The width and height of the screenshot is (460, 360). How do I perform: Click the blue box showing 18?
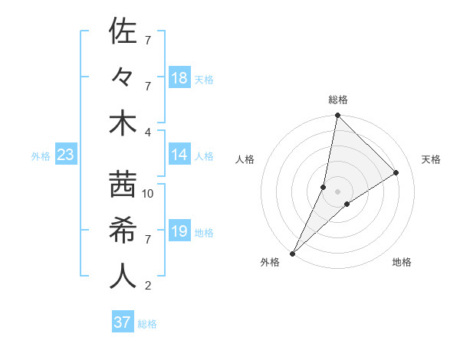(179, 78)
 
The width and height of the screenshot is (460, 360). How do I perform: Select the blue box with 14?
(179, 155)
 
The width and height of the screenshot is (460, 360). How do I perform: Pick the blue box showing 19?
(179, 231)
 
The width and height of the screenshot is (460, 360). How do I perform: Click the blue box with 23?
(65, 155)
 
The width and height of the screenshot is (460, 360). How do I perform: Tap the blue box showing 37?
(122, 322)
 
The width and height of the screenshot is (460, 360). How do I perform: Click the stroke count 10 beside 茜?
(148, 194)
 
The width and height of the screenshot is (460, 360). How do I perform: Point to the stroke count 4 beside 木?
(148, 133)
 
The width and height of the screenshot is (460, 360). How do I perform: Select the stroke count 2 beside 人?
(148, 286)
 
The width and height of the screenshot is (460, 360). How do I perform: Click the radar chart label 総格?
(337, 100)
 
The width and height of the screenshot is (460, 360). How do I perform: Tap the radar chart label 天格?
(432, 159)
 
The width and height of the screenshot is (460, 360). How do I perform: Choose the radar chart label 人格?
(245, 159)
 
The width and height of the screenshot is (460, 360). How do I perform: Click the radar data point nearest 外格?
(292, 253)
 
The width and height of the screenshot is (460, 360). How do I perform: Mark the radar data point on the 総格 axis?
(337, 116)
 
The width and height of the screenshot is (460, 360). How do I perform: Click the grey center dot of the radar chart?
(337, 191)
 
